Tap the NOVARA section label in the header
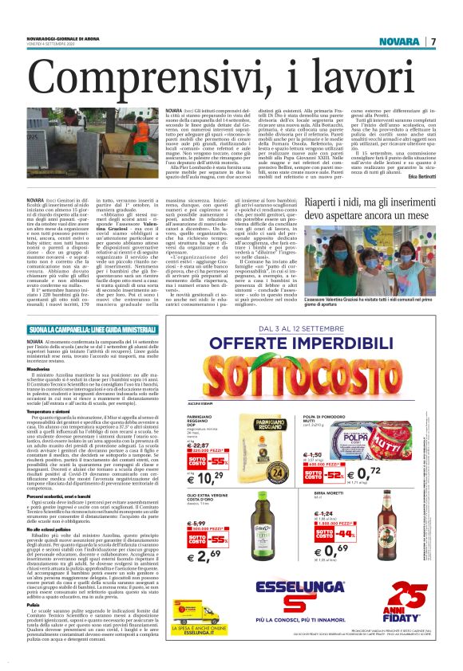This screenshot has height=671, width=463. point(398,41)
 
